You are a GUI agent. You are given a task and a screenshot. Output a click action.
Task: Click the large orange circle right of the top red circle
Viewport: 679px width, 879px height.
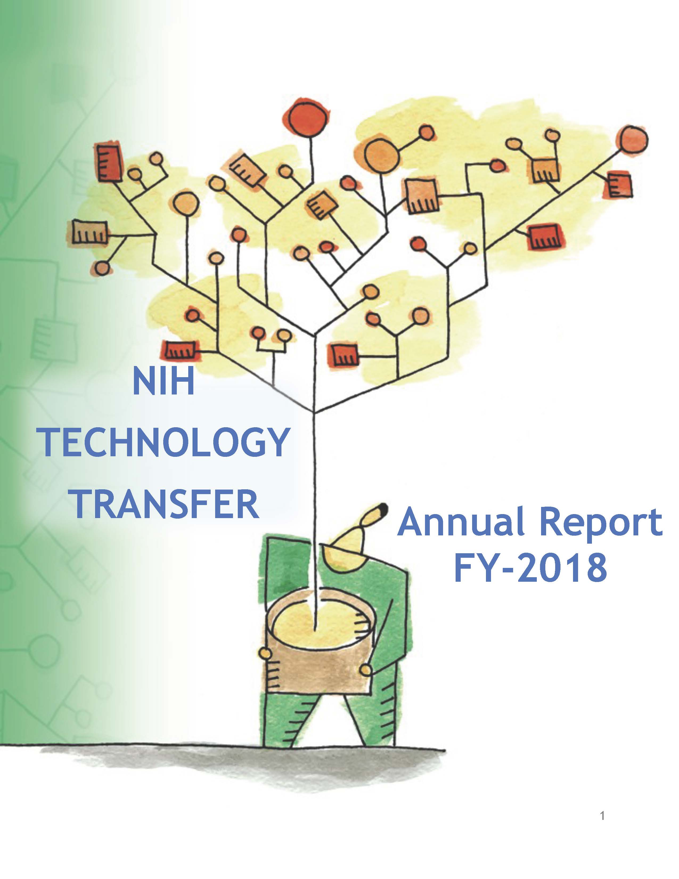(x=382, y=156)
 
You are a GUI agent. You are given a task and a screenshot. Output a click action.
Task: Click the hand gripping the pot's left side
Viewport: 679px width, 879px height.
(x=265, y=653)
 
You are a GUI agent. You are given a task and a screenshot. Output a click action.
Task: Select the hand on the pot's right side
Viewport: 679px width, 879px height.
(x=366, y=670)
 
